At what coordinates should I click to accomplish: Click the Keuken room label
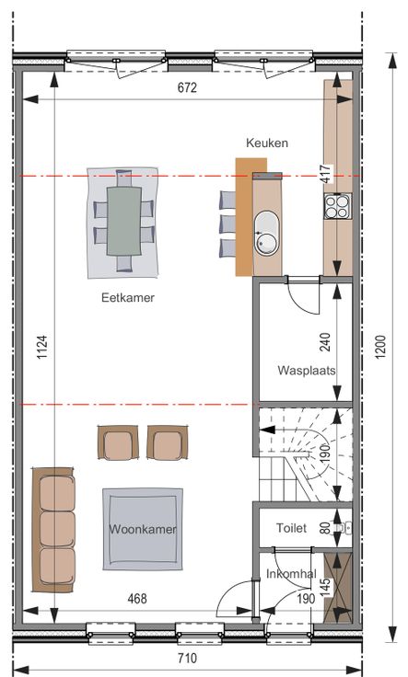click(x=267, y=143)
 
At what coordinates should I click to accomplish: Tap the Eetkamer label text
click(x=128, y=297)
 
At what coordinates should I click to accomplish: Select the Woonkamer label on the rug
click(x=143, y=529)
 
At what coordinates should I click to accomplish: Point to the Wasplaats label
click(x=307, y=370)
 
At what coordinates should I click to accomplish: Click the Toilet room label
click(x=292, y=528)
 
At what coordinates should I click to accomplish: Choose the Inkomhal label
click(x=291, y=574)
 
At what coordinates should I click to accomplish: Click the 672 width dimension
click(x=187, y=87)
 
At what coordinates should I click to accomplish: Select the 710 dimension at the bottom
click(x=187, y=659)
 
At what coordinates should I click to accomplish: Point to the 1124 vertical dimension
click(x=42, y=347)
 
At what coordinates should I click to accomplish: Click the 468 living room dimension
click(x=137, y=599)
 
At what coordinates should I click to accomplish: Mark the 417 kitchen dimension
click(x=326, y=174)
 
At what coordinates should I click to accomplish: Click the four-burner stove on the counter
click(x=338, y=206)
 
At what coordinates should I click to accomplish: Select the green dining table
click(x=124, y=221)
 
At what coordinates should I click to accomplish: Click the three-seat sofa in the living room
click(x=53, y=530)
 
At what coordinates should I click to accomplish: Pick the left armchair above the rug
click(x=118, y=442)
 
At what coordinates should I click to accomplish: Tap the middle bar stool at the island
click(x=227, y=224)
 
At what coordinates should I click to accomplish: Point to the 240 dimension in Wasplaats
click(x=326, y=342)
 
